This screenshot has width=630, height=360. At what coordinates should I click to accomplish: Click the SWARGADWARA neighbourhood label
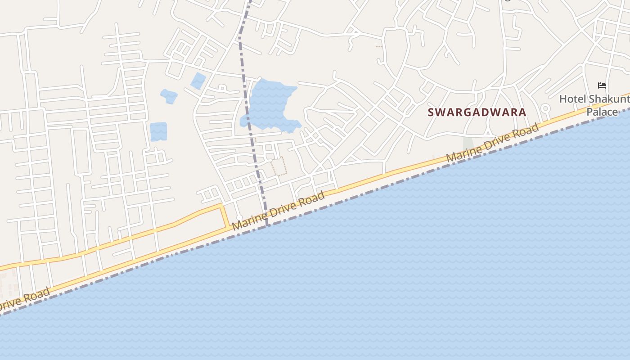click(x=477, y=112)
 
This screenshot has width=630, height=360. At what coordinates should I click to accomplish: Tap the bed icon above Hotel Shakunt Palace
click(x=602, y=85)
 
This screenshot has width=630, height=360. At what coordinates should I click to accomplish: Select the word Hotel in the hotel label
click(x=572, y=99)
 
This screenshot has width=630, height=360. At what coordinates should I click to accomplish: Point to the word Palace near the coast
click(x=602, y=112)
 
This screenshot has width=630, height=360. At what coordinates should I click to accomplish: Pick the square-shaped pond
click(x=158, y=131)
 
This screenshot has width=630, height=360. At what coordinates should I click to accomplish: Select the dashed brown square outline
click(x=279, y=166)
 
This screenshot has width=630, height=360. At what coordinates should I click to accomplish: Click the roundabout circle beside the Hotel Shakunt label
click(x=545, y=108)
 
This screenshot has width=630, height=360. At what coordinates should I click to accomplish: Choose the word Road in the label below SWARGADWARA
click(x=526, y=130)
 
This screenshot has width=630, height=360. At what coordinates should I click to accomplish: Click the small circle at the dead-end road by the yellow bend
click(x=239, y=218)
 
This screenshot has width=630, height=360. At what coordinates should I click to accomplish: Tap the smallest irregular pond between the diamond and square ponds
click(x=169, y=96)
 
